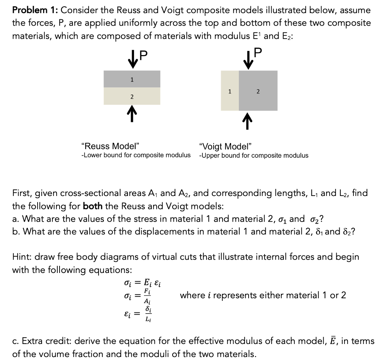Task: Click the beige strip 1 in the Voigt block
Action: point(230,90)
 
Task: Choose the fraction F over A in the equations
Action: point(147,296)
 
